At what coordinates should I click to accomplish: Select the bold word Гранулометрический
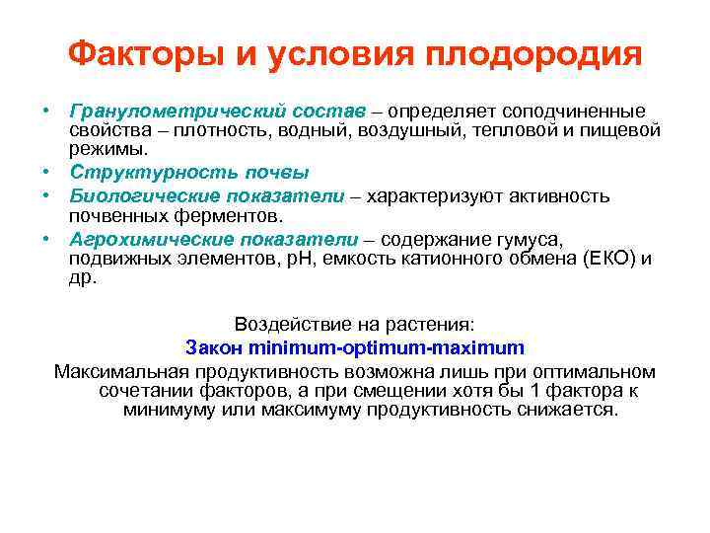click(x=164, y=110)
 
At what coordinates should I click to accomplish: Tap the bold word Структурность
click(x=138, y=172)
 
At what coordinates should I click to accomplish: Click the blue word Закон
click(x=215, y=347)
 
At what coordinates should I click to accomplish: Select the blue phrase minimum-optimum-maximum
click(x=388, y=347)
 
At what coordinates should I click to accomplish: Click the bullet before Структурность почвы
click(x=46, y=172)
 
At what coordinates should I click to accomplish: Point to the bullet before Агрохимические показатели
click(x=46, y=238)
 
